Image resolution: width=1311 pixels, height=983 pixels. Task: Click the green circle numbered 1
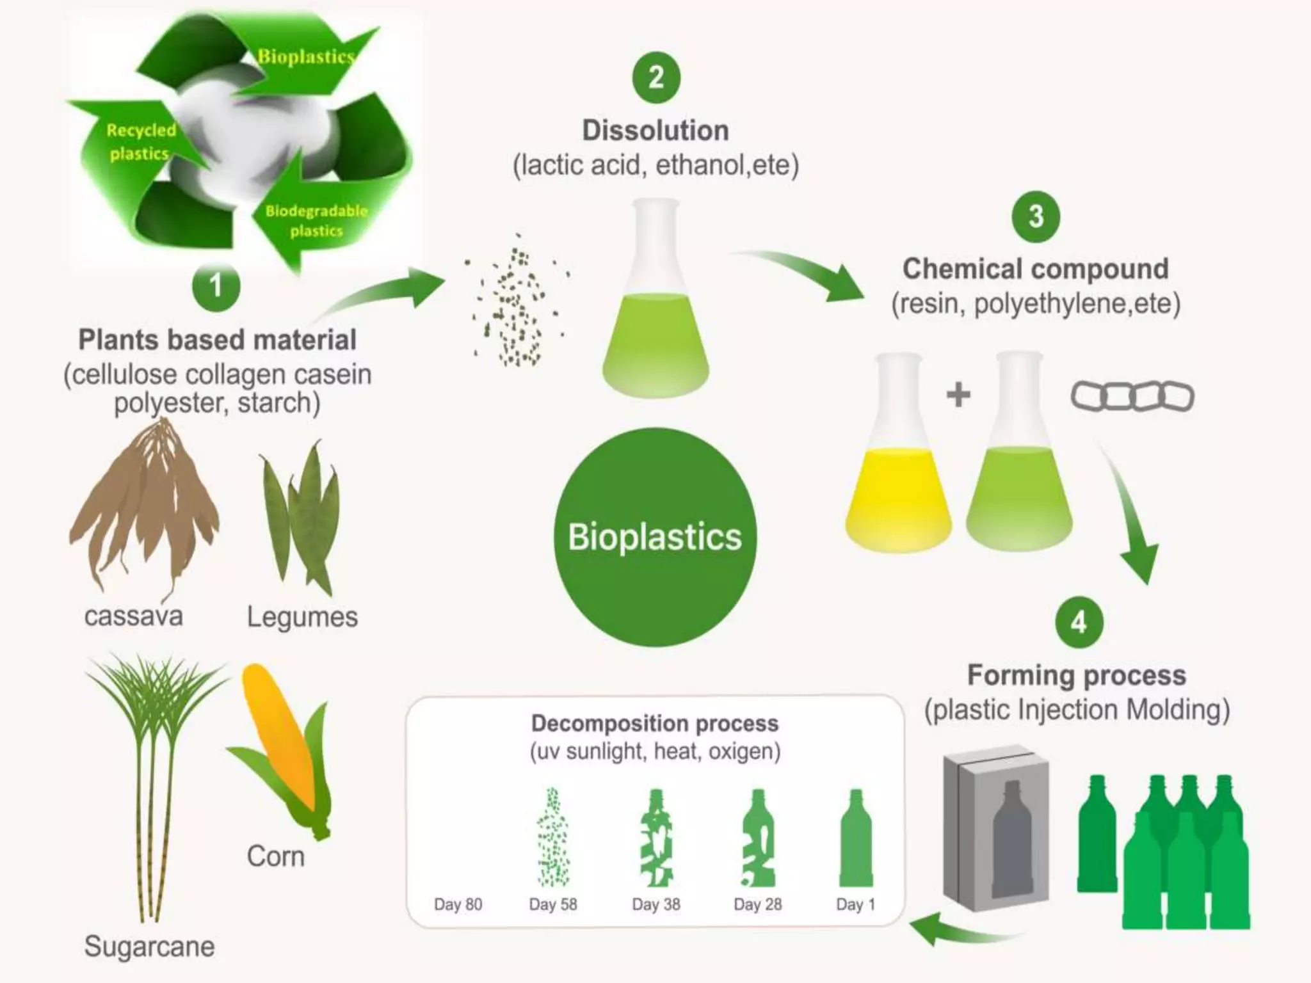tap(216, 286)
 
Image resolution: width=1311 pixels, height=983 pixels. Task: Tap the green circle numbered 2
tap(656, 77)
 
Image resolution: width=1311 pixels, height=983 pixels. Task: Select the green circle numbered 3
tap(1036, 216)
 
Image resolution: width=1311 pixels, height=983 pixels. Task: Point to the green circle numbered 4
tap(1079, 621)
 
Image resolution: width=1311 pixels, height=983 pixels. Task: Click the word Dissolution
tap(655, 131)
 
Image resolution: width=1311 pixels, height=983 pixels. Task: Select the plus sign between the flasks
tap(958, 394)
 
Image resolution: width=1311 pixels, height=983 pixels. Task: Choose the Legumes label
tap(302, 617)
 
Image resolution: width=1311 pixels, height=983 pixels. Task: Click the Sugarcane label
tap(149, 946)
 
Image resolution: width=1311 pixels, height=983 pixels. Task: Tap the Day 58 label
tap(553, 904)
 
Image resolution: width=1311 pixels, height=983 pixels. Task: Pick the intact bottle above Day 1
tap(856, 838)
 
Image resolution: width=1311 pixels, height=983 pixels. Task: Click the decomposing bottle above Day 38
tap(655, 838)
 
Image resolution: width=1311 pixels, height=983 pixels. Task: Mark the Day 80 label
tap(458, 904)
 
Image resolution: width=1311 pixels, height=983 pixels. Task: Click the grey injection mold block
tap(996, 832)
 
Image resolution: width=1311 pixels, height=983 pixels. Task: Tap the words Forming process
tap(1077, 675)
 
